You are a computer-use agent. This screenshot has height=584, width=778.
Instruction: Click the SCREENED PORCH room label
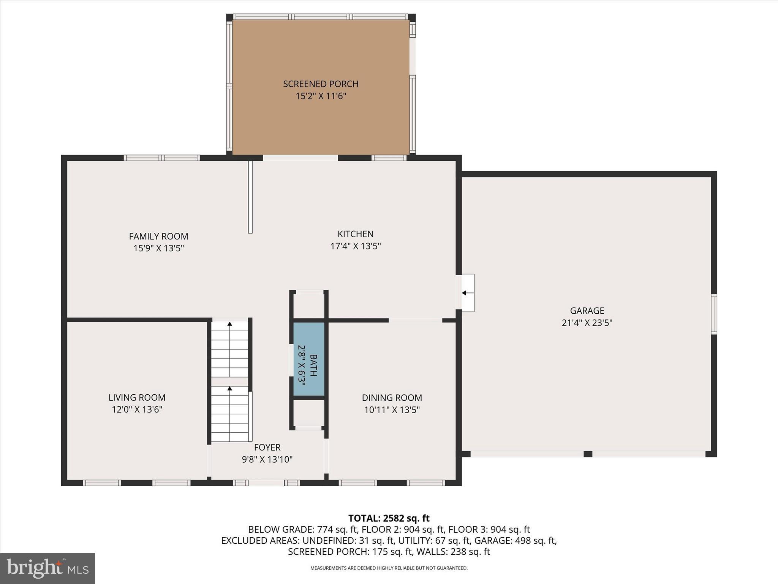coord(321,84)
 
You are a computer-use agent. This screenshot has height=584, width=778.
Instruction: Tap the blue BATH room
coord(309,359)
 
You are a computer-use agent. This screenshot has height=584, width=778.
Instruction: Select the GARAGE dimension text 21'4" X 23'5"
coord(587,323)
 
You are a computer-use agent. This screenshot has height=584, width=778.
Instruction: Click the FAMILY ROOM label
coord(158,236)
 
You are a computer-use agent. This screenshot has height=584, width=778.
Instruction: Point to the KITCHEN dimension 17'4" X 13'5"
coord(356,246)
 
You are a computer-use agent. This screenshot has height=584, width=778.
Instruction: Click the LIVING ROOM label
coord(137,397)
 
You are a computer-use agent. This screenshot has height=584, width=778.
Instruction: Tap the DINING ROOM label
coord(392,398)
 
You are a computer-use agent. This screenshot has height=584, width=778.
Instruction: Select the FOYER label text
coord(267,447)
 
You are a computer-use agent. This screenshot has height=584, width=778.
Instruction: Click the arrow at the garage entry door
coord(464,293)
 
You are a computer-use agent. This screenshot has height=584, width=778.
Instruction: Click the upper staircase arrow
coord(229,324)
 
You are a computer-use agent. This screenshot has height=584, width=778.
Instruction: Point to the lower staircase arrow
coord(229,389)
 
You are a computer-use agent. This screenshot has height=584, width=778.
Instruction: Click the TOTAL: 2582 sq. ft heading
coord(389,518)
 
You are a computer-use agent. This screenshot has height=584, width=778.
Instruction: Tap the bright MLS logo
coord(47,568)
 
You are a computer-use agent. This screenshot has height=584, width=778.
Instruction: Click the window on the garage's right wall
coord(714,314)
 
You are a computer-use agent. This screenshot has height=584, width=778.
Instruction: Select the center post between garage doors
coord(588,454)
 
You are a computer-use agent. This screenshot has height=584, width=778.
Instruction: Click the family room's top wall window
coord(162,158)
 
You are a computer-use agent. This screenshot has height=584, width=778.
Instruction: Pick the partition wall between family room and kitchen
coord(250,197)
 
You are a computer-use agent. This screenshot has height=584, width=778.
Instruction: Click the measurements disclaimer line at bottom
coord(389,568)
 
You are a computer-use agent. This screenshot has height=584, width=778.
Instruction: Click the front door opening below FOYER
coord(266,483)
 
